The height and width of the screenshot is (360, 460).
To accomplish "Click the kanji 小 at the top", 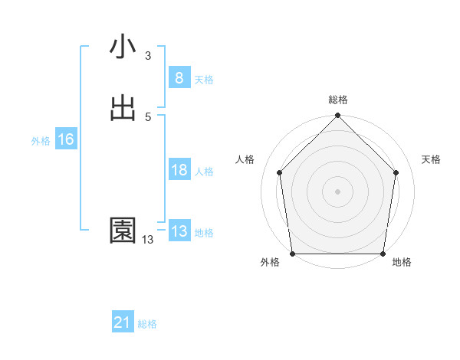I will coord(123,48).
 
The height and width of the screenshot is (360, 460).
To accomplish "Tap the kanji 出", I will coord(123,108).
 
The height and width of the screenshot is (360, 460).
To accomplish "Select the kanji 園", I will coord(123,231).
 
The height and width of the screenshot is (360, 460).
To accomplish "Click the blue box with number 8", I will coord(179,78).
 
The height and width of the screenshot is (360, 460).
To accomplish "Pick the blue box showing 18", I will coord(179,170).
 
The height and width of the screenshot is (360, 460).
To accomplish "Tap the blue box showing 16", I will coord(65,139).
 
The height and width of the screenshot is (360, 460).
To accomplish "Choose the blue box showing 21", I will coord(123,323).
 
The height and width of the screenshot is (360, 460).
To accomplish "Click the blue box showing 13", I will coord(179,231).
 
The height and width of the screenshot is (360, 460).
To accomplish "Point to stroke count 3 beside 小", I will coord(148,56).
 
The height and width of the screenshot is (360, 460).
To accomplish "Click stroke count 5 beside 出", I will coord(148,116).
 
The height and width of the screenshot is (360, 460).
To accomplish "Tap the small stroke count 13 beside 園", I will coord(148,240).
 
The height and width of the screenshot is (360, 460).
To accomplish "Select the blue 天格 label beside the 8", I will coord(204,80).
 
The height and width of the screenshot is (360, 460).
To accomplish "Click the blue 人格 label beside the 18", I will coord(204,172).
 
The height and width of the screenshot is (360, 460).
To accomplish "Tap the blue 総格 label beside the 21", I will coord(147,324).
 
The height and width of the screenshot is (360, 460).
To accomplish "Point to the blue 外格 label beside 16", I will coord(41,141).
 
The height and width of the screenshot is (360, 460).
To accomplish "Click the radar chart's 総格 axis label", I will coord(338,100).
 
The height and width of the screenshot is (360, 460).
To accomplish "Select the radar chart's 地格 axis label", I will coord(402,263).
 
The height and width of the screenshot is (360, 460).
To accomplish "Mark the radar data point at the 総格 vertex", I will coord(338,116).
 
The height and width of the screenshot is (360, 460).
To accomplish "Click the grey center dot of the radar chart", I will coord(338,191).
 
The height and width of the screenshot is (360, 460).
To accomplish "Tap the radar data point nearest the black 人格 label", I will coord(279,172).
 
